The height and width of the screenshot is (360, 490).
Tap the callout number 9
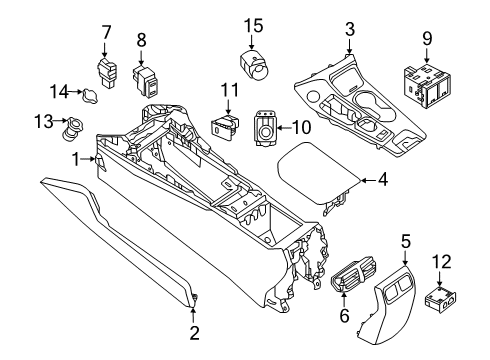point(427,41)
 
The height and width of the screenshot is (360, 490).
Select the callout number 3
point(349,29)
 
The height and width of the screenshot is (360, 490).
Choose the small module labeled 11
point(224,128)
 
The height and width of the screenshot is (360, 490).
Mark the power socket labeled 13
point(76,129)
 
